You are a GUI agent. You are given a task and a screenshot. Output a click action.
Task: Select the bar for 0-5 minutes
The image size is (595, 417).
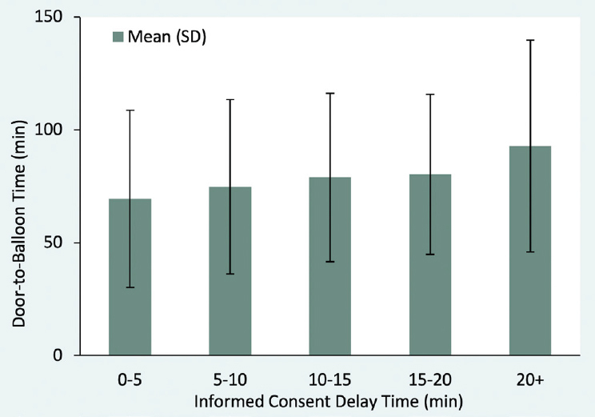(130, 277)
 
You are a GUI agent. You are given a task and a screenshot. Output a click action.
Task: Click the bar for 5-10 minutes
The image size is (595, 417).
(230, 271)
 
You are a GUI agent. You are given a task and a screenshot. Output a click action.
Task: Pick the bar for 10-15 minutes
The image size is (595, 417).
(330, 267)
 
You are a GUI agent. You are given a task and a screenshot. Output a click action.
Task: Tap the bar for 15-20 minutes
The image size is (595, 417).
(430, 265)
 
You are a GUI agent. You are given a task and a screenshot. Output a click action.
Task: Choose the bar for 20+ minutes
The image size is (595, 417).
(530, 251)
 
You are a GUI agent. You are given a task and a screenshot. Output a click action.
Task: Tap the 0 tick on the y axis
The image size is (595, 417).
(58, 355)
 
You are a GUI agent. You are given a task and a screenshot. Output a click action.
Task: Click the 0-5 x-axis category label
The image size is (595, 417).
(130, 379)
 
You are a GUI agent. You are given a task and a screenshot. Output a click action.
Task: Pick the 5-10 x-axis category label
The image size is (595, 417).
(230, 379)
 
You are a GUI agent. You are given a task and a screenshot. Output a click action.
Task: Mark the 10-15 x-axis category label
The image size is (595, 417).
(329, 379)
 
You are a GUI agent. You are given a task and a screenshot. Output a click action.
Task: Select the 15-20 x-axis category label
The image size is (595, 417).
(430, 379)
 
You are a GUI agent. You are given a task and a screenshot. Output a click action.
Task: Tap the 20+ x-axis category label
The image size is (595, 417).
(530, 379)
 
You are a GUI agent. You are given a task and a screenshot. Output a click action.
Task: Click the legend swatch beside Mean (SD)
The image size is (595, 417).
(118, 37)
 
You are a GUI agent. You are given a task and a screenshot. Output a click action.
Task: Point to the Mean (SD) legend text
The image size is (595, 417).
(167, 37)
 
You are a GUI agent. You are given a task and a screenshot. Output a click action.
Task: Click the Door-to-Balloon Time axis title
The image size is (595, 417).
(18, 223)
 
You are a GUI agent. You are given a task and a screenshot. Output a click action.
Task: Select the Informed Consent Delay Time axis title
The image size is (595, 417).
(329, 402)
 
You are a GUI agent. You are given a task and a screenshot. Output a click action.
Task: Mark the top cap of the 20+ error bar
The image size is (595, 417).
(530, 40)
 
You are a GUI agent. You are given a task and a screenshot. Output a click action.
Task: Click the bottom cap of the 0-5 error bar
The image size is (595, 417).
(130, 287)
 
